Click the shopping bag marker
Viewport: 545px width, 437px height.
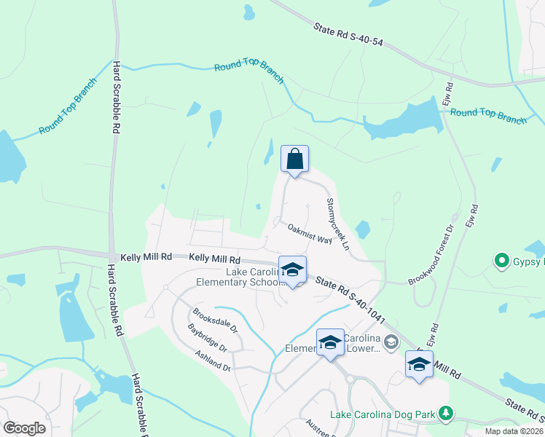(x=294, y=159)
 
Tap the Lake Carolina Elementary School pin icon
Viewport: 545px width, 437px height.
(x=292, y=270)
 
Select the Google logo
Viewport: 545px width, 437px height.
(x=24, y=428)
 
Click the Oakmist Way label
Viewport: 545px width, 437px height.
(x=310, y=234)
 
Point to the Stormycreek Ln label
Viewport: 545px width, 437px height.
(x=338, y=220)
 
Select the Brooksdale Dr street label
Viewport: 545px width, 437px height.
(x=216, y=321)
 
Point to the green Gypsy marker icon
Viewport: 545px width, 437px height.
(x=501, y=260)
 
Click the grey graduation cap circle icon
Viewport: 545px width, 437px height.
(x=391, y=342)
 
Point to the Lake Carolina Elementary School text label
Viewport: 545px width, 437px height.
(x=232, y=277)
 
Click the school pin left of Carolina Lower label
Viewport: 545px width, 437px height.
(x=330, y=342)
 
